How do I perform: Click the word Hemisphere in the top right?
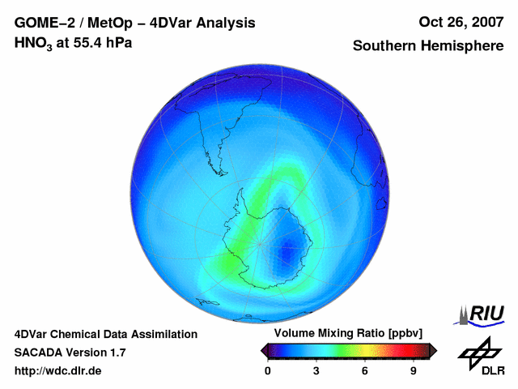click(x=463, y=46)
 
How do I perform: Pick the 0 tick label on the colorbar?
click(x=268, y=370)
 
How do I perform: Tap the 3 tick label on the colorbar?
click(x=316, y=370)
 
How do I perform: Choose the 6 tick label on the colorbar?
click(x=365, y=370)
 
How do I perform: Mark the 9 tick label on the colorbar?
click(x=414, y=370)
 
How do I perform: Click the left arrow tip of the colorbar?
click(x=263, y=350)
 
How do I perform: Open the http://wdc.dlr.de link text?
click(x=58, y=371)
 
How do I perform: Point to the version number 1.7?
click(x=117, y=353)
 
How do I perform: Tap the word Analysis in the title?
click(x=228, y=23)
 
